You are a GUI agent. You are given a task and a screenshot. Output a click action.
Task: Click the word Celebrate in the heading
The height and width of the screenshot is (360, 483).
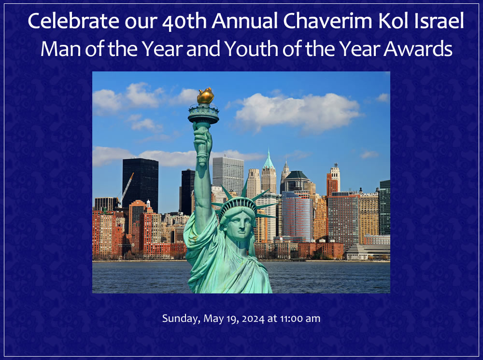pyautogui.click(x=73, y=21)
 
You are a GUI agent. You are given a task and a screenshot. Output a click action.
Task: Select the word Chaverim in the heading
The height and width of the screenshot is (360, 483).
pyautogui.click(x=327, y=21)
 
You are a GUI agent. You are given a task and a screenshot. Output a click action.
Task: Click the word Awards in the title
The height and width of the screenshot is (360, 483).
pyautogui.click(x=418, y=49)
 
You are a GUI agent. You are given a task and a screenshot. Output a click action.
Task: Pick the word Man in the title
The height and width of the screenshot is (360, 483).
pyautogui.click(x=61, y=49)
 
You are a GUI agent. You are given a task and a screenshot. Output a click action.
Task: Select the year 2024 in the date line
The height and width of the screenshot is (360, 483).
pyautogui.click(x=253, y=319)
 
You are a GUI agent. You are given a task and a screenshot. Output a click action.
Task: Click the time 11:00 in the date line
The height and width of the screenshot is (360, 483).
pyautogui.click(x=291, y=318)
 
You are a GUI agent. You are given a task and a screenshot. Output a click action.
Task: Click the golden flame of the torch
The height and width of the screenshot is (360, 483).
pyautogui.click(x=205, y=96)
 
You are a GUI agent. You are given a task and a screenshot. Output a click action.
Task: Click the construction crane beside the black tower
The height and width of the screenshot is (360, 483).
pyautogui.click(x=126, y=188)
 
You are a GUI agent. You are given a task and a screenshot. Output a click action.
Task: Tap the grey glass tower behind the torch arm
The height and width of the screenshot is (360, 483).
pyautogui.click(x=228, y=175)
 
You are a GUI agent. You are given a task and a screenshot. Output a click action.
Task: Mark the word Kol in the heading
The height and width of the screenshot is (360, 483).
pyautogui.click(x=394, y=21)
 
